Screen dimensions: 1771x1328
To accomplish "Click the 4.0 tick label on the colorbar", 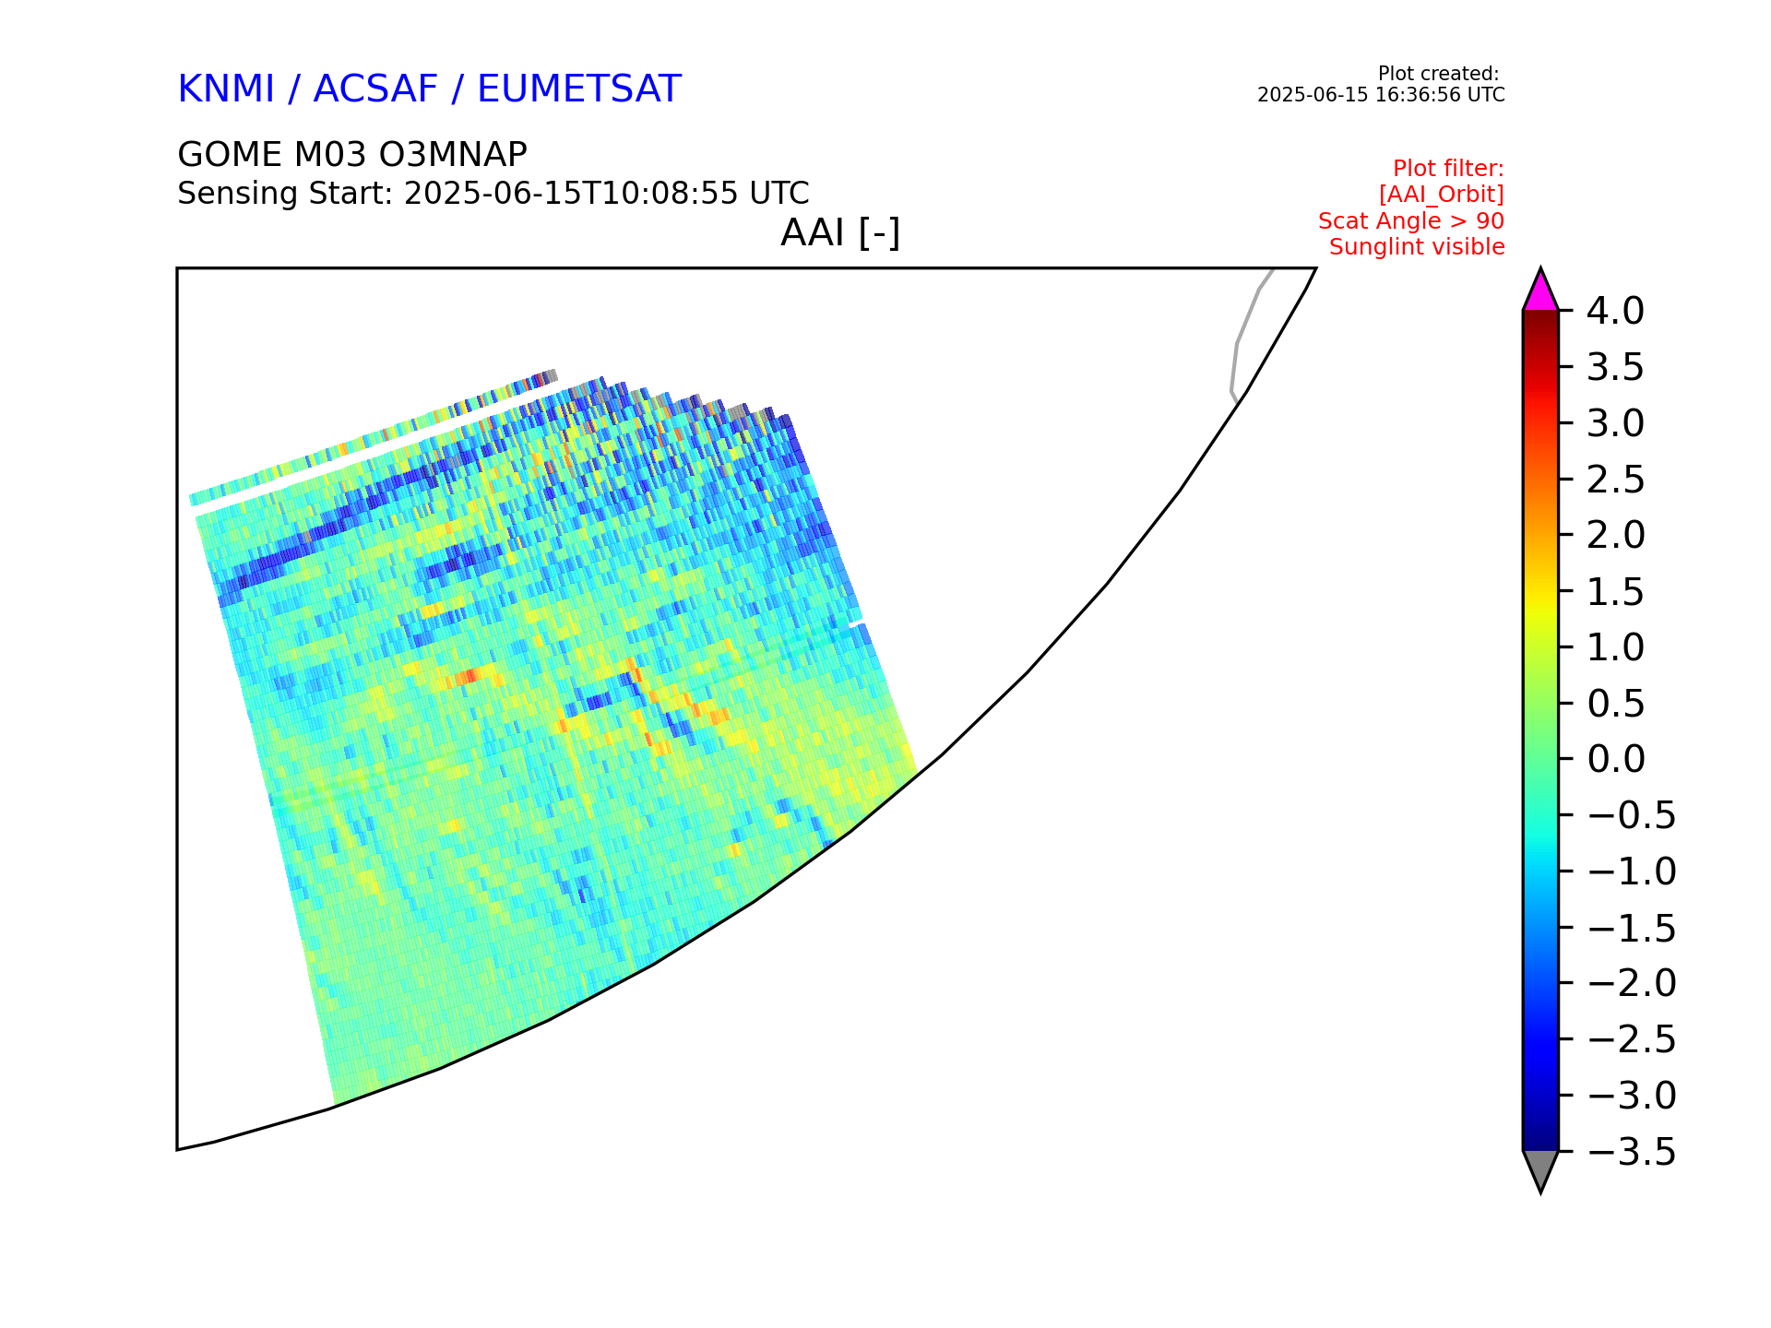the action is [1615, 312].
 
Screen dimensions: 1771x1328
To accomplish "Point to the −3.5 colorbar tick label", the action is [1632, 1153].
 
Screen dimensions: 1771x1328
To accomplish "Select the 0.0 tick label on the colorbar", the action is [1616, 760].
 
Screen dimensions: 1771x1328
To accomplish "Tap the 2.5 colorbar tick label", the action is [1616, 480].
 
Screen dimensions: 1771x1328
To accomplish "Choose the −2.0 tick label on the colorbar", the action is [1632, 984].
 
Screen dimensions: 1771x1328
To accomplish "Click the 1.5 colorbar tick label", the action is [1616, 592].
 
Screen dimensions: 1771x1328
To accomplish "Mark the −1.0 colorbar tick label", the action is [1632, 871].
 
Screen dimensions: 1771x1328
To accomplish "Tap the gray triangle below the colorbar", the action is [1540, 1169].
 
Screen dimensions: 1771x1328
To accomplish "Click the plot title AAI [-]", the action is [840, 233].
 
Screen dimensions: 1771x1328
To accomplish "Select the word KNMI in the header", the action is [226, 89].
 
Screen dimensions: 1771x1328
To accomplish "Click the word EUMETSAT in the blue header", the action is [579, 89].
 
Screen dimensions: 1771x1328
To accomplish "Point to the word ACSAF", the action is [375, 89].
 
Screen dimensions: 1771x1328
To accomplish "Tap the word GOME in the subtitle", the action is [230, 155].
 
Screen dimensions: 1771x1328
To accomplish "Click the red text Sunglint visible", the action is [1417, 247].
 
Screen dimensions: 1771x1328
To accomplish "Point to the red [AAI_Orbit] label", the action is [1442, 195].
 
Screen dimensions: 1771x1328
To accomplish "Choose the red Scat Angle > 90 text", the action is [1411, 221].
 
